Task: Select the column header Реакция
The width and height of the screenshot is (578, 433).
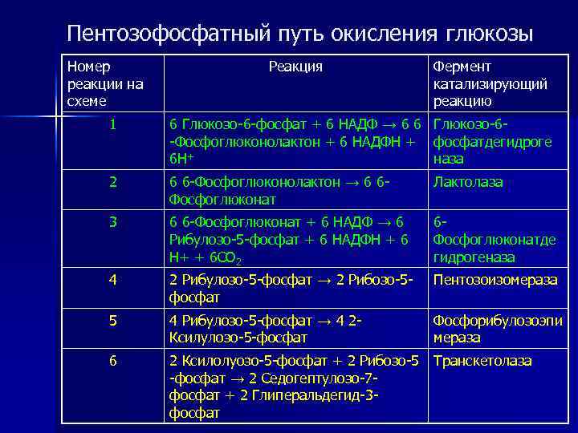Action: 295,67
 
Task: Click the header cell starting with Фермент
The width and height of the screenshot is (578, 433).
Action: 490,83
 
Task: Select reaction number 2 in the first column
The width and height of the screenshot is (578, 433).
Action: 113,182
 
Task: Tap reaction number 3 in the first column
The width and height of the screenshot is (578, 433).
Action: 113,221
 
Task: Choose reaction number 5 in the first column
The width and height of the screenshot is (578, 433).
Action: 113,321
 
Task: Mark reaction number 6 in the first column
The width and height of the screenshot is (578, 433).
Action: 113,361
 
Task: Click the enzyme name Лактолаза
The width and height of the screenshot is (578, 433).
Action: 467,182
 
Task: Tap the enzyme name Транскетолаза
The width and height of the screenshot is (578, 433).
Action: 482,361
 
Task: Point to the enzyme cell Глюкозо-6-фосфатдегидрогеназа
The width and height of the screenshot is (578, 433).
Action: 491,141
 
